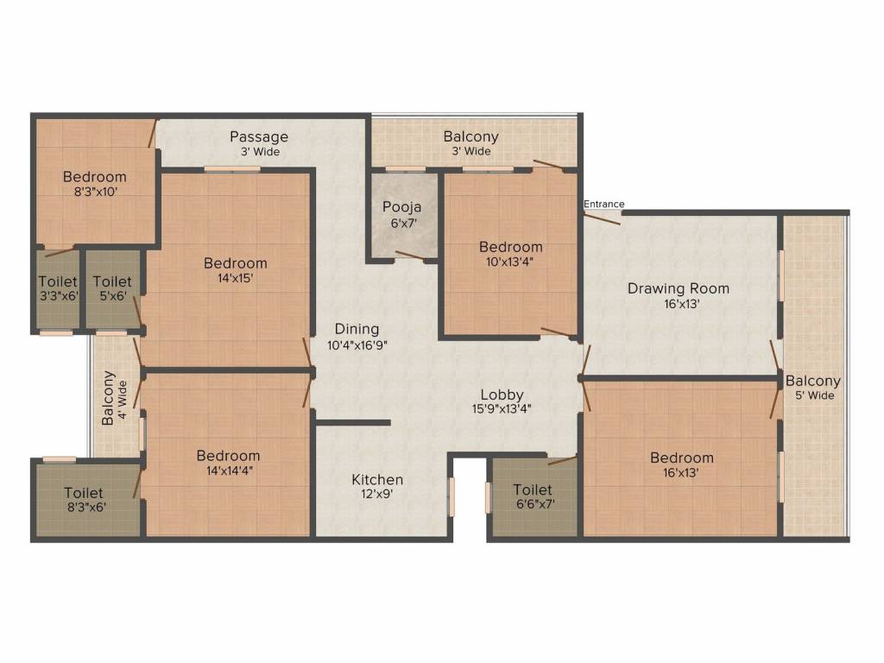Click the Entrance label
coord(603,204)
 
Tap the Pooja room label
coord(401,207)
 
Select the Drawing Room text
coord(678,288)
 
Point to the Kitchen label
coord(377,479)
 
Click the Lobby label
coord(502,395)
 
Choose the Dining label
coord(357,329)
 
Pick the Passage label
coord(259,136)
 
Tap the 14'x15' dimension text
coord(236,278)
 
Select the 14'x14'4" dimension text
coord(228,470)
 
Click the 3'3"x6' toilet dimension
coord(58,296)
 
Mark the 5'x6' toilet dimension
coord(112,296)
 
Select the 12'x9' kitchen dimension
coord(377,495)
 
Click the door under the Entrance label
coord(603,217)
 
